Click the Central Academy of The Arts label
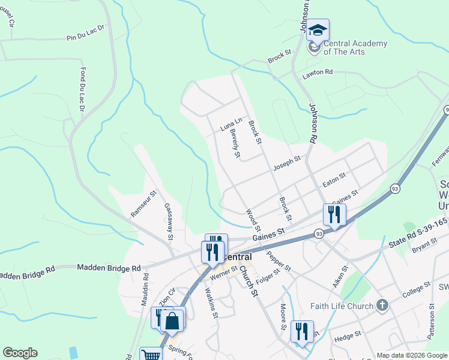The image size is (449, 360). coord(355,47)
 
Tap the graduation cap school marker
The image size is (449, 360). coord(318,30)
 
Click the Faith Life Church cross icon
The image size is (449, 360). coord(382,306)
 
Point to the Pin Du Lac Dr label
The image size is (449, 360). coord(85,37)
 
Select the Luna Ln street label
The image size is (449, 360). coord(231,124)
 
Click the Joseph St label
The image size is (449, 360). coord(286,163)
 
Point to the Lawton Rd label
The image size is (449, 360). coord(318,73)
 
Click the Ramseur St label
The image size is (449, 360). coord(143,204)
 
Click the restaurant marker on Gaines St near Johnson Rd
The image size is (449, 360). coord(334,215)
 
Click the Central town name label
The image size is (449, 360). coord(234,257)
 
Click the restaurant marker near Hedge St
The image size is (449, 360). coord(302,332)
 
